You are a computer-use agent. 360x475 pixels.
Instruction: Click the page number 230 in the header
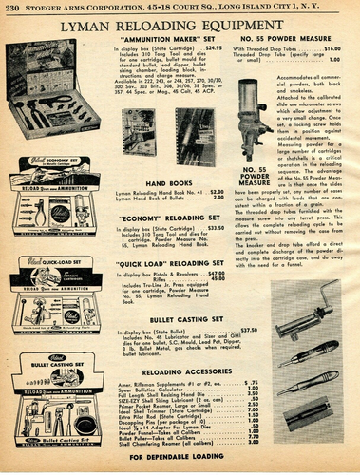pyautogui.click(x=14, y=9)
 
